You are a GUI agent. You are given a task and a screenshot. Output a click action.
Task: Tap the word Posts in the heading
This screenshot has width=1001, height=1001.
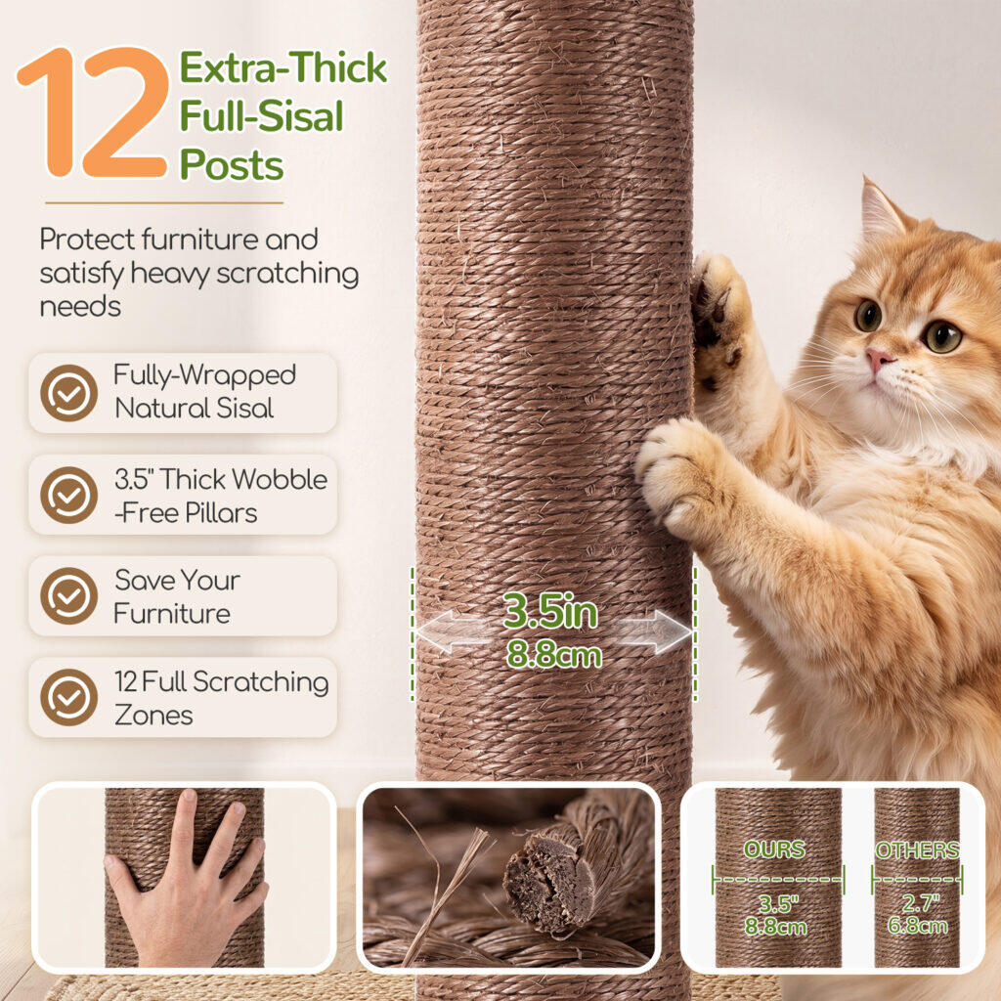pyautogui.click(x=232, y=165)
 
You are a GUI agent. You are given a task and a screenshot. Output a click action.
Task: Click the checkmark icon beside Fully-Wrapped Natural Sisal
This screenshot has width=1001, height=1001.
pyautogui.click(x=69, y=393)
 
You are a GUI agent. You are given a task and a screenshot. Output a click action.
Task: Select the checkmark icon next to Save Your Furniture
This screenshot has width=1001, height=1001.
pyautogui.click(x=69, y=595)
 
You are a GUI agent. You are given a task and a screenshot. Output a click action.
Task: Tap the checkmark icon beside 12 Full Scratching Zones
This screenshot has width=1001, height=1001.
pyautogui.click(x=69, y=697)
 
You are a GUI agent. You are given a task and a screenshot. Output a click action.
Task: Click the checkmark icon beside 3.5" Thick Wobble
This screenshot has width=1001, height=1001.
pyautogui.click(x=69, y=495)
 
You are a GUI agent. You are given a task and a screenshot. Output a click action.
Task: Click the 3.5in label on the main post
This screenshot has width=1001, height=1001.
pyautogui.click(x=549, y=611)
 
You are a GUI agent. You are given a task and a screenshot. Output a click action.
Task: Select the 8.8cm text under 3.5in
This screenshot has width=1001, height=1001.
pyautogui.click(x=554, y=655)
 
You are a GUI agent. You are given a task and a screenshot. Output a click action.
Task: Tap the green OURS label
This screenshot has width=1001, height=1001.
pyautogui.click(x=774, y=849)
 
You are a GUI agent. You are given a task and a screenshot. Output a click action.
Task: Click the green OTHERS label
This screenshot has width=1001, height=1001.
pyautogui.click(x=917, y=849)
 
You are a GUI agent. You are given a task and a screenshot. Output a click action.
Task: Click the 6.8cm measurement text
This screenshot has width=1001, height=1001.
pyautogui.click(x=917, y=925)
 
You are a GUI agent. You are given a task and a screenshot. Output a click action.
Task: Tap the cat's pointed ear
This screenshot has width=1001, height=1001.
pyautogui.click(x=880, y=207)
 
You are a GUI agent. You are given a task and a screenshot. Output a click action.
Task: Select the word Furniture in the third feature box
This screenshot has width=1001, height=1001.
pyautogui.click(x=172, y=614)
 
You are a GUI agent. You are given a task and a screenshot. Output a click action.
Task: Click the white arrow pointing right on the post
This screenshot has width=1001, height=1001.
pyautogui.click(x=654, y=632)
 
